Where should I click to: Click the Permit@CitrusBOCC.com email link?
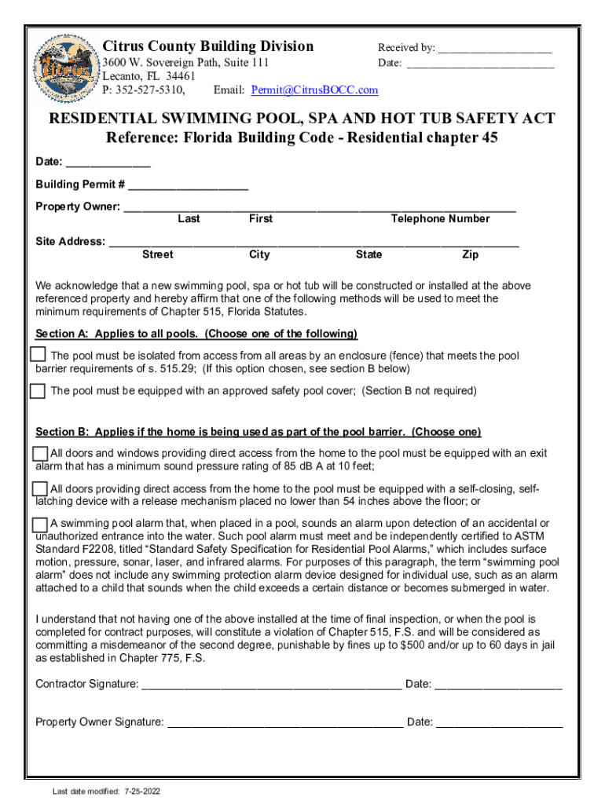pyautogui.click(x=314, y=90)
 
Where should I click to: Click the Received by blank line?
pyautogui.click(x=494, y=49)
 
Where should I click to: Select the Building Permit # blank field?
pyautogui.click(x=188, y=187)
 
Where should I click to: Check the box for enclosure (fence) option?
pyautogui.click(x=38, y=354)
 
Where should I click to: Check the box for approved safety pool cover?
pyautogui.click(x=38, y=390)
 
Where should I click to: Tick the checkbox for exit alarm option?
pyautogui.click(x=40, y=454)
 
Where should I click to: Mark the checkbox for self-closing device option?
pyautogui.click(x=40, y=489)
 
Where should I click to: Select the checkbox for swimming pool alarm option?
pyautogui.click(x=40, y=524)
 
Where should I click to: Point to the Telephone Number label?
pyautogui.click(x=440, y=219)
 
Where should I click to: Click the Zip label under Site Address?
pyautogui.click(x=471, y=254)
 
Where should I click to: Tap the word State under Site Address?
pyautogui.click(x=368, y=254)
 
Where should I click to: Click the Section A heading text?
pyautogui.click(x=196, y=334)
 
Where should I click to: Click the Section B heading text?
pyautogui.click(x=258, y=433)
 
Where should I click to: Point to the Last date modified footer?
pyautogui.click(x=106, y=791)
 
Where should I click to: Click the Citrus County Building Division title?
pyautogui.click(x=208, y=46)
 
